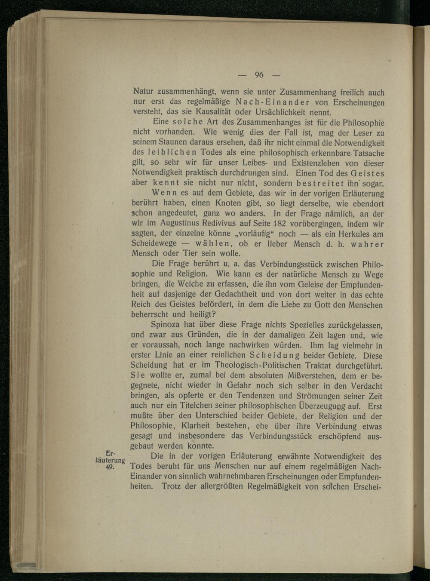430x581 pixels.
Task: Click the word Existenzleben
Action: [316, 163]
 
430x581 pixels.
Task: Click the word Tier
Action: [190, 254]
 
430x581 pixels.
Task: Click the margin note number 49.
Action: [109, 468]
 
